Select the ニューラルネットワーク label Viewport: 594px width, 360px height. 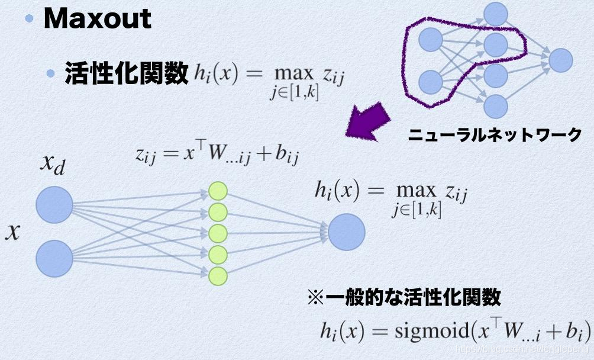click(495, 136)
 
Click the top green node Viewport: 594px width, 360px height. click(218, 191)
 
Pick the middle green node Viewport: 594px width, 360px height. click(218, 233)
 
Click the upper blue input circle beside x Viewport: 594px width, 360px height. click(54, 205)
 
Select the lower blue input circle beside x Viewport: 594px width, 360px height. click(54, 259)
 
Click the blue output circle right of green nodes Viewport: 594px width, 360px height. click(347, 232)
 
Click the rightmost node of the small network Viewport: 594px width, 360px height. click(561, 60)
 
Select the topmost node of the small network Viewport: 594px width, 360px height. click(496, 14)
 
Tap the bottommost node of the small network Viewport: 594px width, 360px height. click(496, 107)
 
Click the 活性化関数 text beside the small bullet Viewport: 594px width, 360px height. click(126, 75)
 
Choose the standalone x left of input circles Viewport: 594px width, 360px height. click(13, 233)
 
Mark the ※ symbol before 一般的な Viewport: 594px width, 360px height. click(314, 297)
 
